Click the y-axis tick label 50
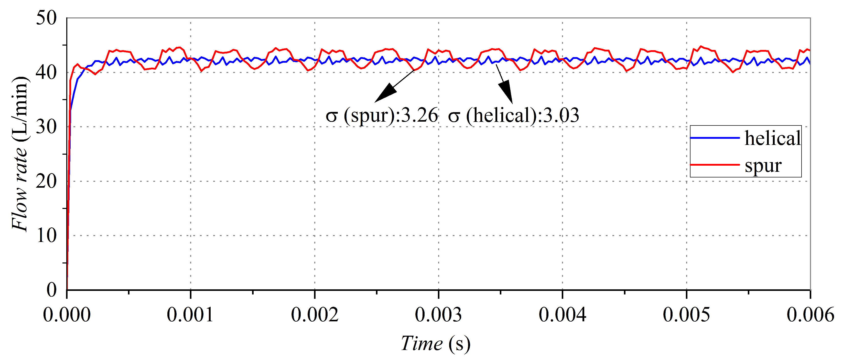click(47, 18)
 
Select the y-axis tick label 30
click(47, 127)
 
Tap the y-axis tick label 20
click(47, 181)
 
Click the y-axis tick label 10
click(47, 236)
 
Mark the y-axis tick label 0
click(52, 290)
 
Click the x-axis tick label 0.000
click(67, 315)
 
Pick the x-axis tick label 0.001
click(190, 315)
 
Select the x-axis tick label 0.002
click(315, 315)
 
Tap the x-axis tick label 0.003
click(438, 315)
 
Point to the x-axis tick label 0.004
click(563, 315)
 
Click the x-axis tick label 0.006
click(810, 315)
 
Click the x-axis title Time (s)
click(436, 344)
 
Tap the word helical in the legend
click(773, 138)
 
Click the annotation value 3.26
click(419, 115)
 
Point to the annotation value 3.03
click(561, 115)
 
